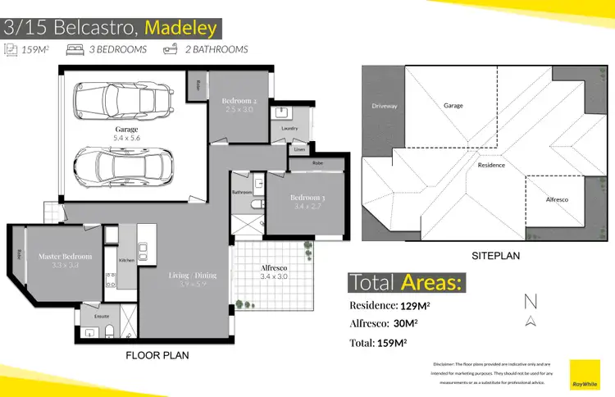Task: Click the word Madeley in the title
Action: tap(180, 28)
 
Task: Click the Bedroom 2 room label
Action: tap(239, 102)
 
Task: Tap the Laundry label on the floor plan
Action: tap(289, 129)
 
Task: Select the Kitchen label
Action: tap(127, 260)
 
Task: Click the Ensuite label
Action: tap(102, 315)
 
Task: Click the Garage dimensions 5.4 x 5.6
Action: tap(126, 138)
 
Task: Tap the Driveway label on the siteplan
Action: tap(384, 106)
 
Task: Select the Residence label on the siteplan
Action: tap(491, 165)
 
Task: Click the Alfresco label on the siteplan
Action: tap(558, 199)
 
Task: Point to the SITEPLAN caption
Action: tap(494, 256)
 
